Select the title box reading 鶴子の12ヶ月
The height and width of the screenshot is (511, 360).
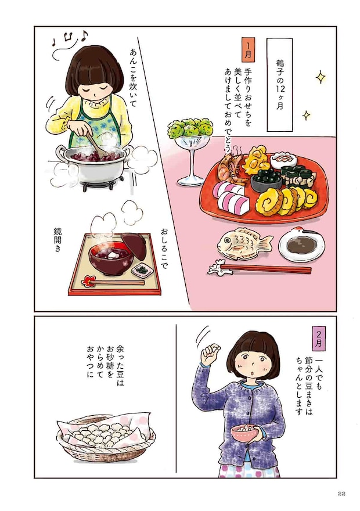click(x=280, y=84)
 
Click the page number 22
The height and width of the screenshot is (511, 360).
click(x=341, y=493)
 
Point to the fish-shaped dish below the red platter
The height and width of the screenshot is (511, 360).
click(x=244, y=243)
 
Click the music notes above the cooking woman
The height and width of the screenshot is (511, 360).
click(x=70, y=41)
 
